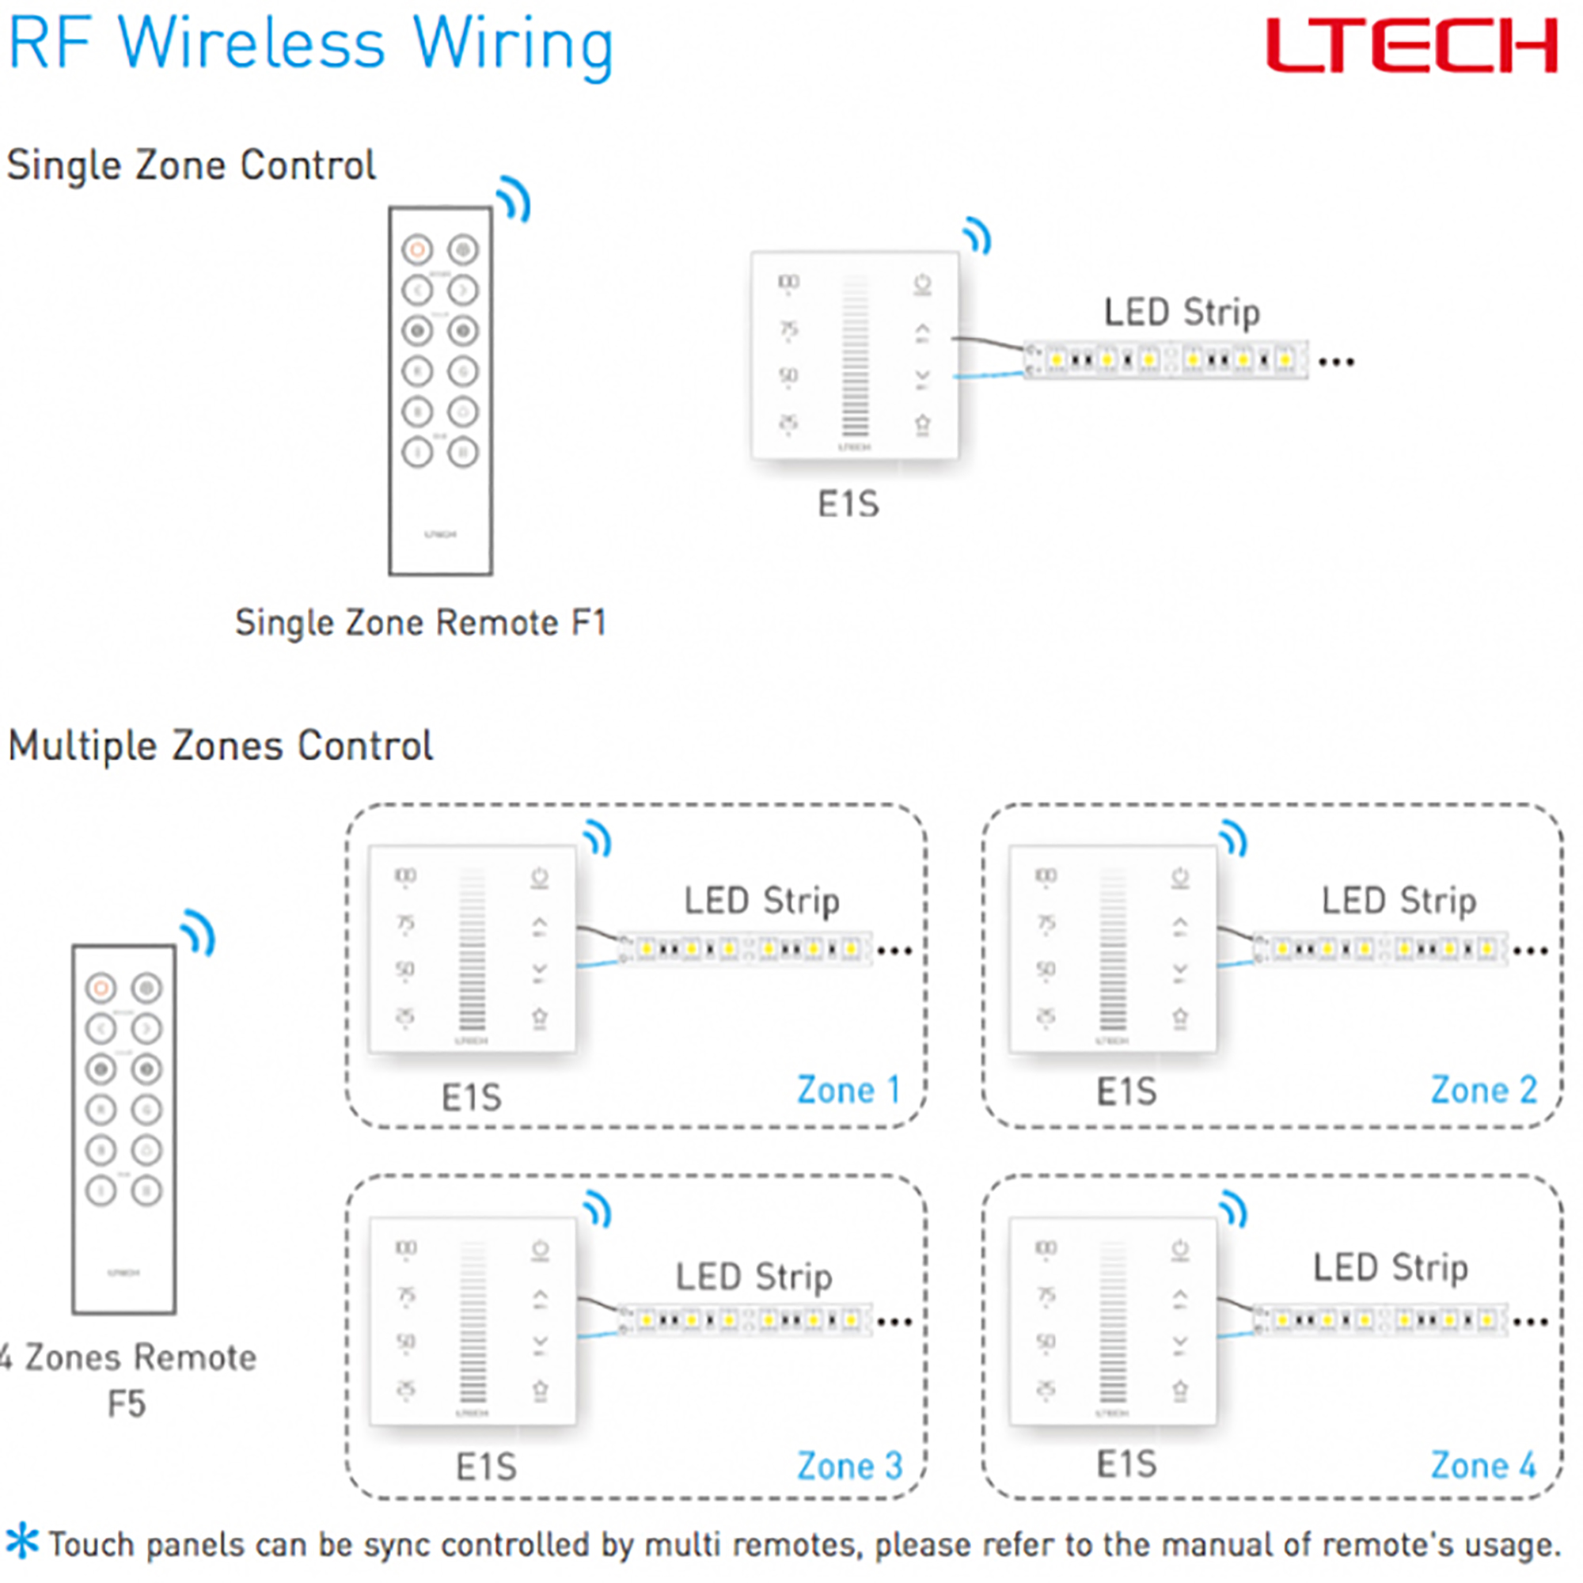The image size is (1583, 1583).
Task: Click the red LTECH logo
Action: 1411,47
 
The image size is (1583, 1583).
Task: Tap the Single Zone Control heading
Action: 191,165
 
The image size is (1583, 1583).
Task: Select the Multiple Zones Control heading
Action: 219,746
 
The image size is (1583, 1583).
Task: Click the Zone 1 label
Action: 848,1091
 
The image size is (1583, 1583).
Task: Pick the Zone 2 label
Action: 1483,1091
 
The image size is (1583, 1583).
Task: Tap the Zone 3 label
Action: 848,1466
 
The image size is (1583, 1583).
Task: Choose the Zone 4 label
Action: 1483,1466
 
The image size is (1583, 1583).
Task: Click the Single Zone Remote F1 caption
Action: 420,623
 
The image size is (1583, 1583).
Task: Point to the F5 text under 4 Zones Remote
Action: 126,1403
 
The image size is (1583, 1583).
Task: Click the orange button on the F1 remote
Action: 417,249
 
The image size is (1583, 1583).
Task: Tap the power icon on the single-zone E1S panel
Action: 923,284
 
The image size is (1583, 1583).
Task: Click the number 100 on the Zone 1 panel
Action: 405,876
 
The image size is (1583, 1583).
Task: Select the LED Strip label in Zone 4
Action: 1391,1267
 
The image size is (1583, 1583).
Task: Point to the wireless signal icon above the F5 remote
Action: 199,933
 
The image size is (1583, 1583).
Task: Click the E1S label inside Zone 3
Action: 486,1467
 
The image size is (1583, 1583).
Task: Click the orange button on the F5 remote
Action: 101,988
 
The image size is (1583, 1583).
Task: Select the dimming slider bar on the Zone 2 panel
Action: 1112,951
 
